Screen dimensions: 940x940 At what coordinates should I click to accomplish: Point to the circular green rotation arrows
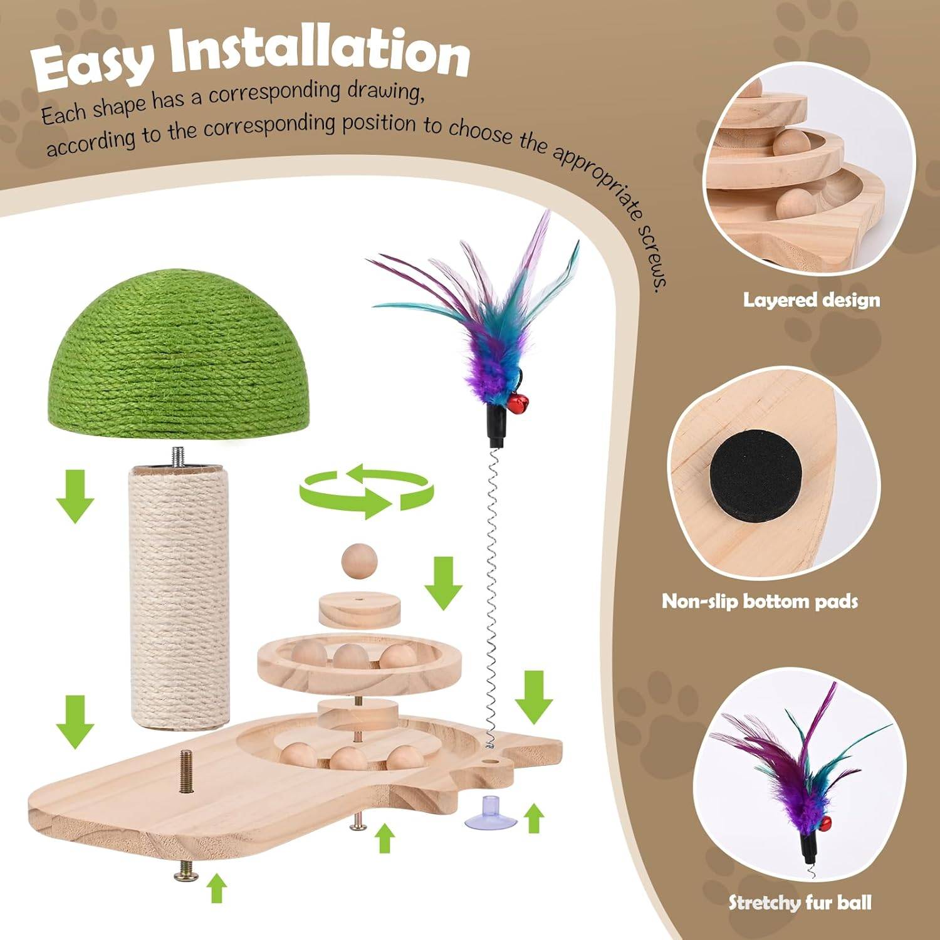pos(365,489)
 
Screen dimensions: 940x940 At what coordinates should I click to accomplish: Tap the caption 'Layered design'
pos(812,300)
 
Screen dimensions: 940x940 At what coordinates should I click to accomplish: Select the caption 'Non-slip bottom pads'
pos(760,602)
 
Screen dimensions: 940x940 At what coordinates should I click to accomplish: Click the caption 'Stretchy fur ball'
pos(800,902)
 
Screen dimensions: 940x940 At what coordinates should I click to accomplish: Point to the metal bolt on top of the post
pos(179,454)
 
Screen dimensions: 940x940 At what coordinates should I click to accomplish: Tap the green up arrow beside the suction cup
pos(534,818)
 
